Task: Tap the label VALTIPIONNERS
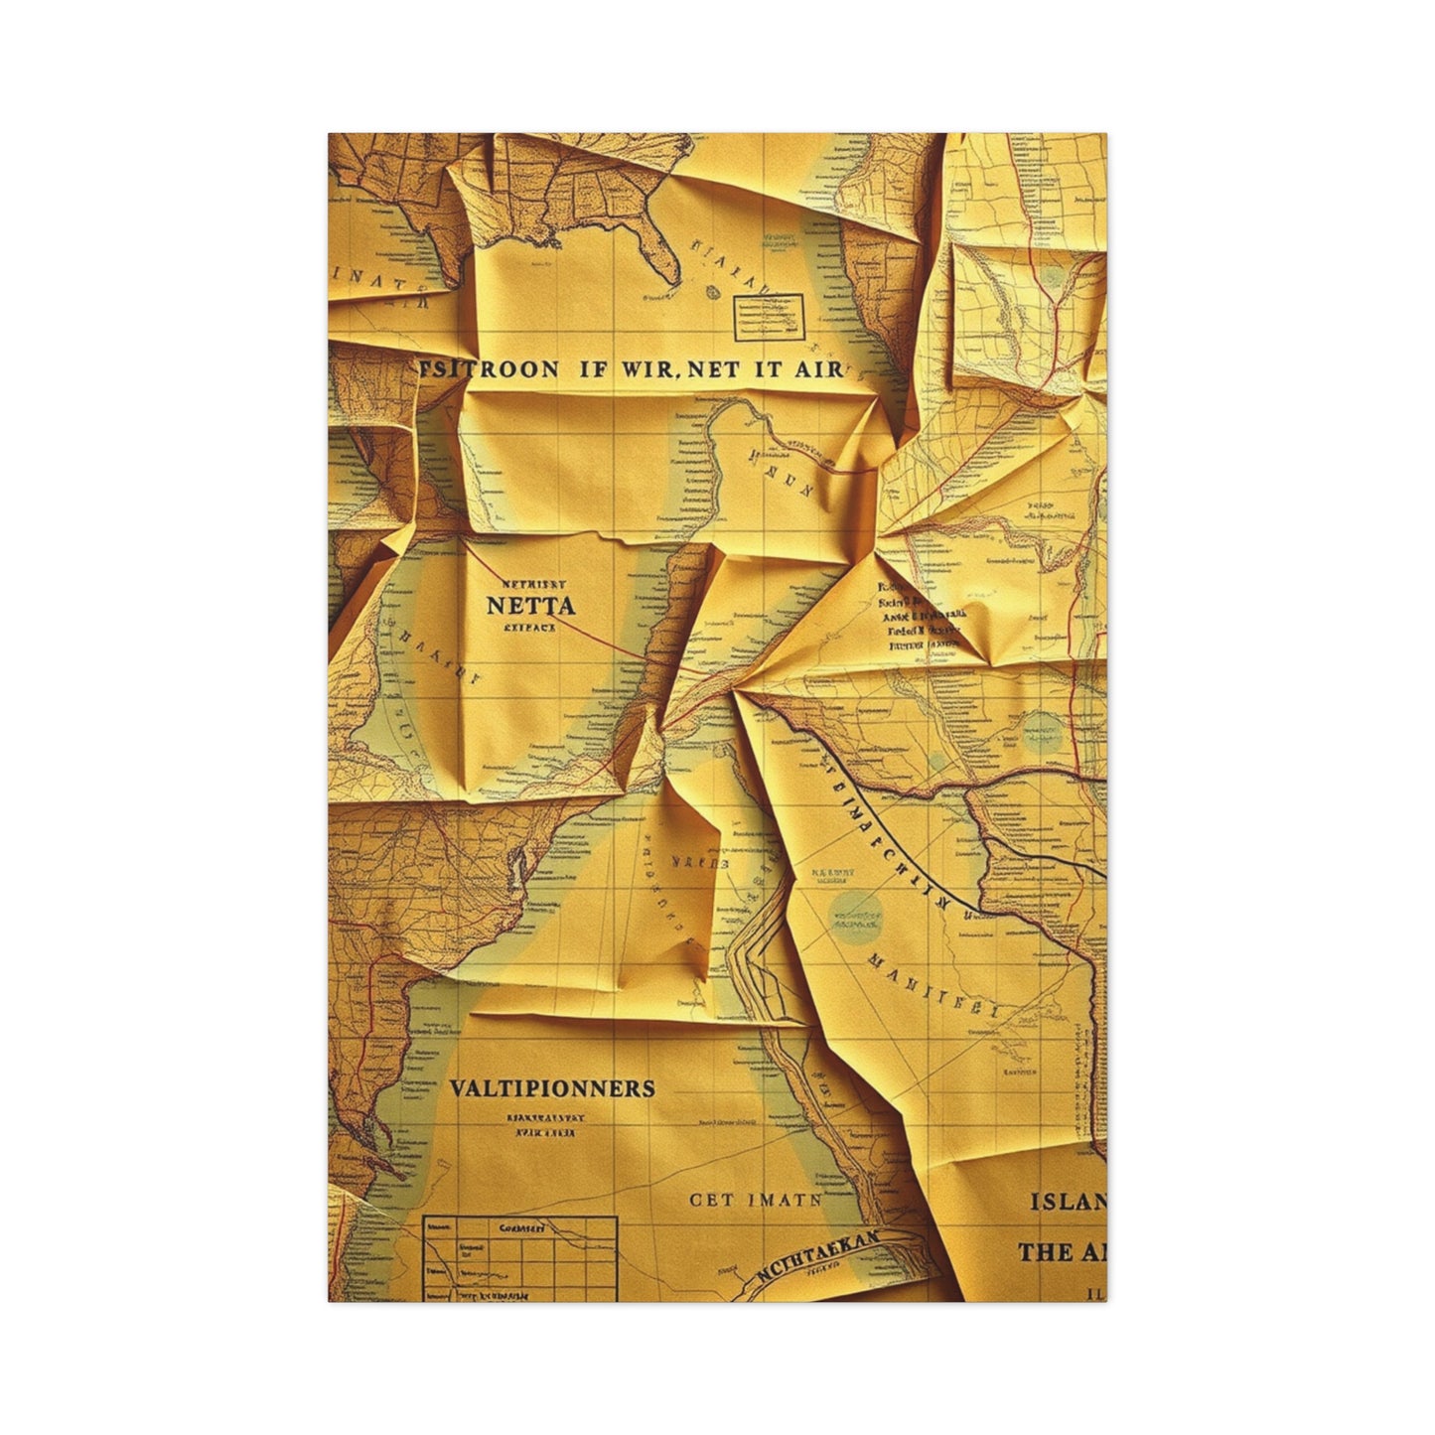(552, 1088)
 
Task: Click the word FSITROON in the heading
(487, 368)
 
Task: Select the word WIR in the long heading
(649, 368)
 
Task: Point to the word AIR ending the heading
(818, 369)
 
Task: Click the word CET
(713, 1200)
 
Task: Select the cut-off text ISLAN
(1068, 1203)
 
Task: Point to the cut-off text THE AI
(1061, 1252)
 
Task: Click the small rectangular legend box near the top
(768, 314)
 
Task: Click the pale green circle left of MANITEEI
(855, 916)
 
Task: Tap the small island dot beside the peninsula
(713, 291)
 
